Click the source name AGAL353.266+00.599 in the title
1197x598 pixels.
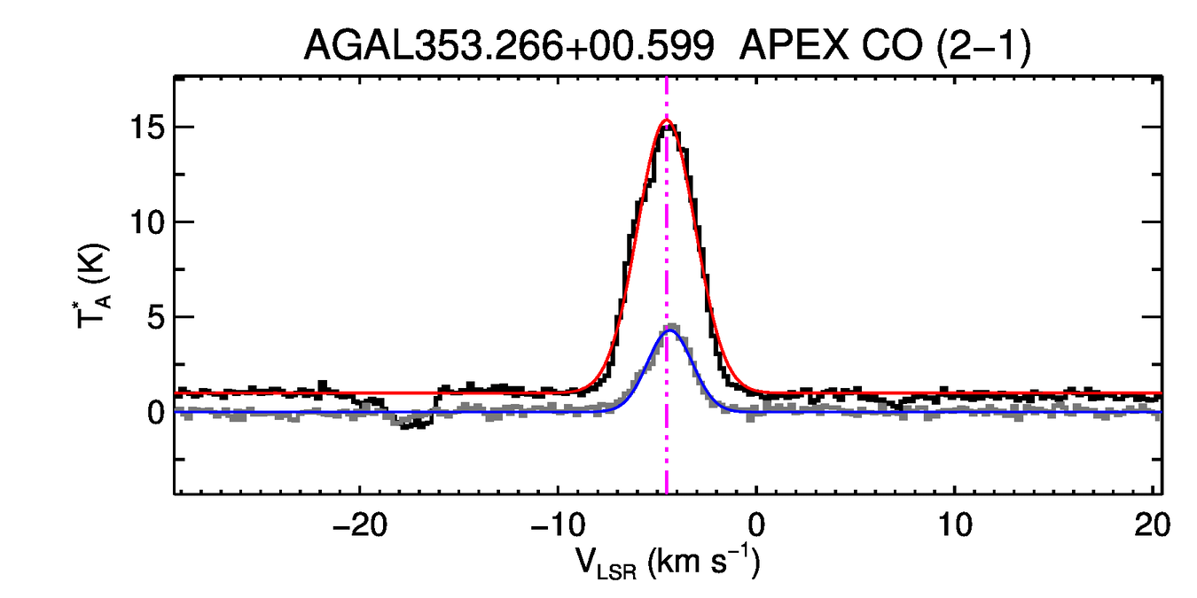pyautogui.click(x=509, y=45)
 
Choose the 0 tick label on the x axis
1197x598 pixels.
pyautogui.click(x=755, y=524)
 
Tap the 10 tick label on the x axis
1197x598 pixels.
pyautogui.click(x=954, y=524)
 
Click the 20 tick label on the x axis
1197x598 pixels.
pyautogui.click(x=1151, y=524)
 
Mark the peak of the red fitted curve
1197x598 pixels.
pyautogui.click(x=667, y=120)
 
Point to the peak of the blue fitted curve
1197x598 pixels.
pyautogui.click(x=669, y=330)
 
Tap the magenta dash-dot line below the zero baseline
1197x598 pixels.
pyautogui.click(x=667, y=461)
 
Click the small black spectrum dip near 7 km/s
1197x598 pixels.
pyautogui.click(x=901, y=405)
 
